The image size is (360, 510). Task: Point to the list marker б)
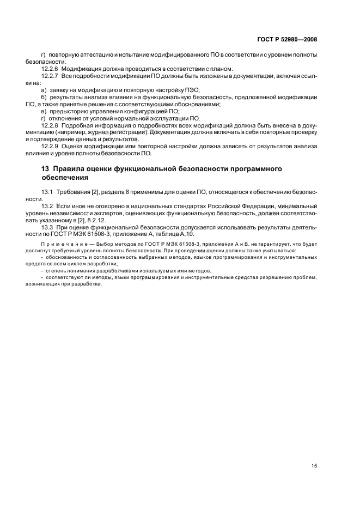(45, 96)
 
